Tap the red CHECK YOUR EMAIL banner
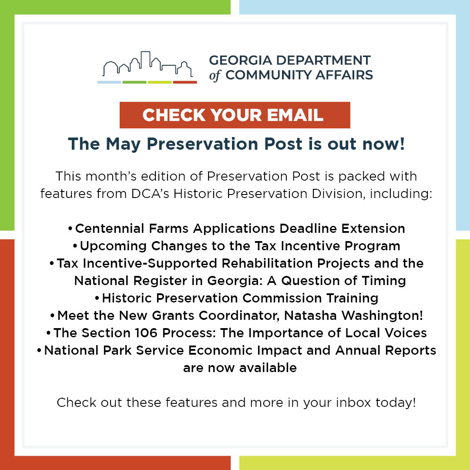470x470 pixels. (x=235, y=115)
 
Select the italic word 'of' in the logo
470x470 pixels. (x=215, y=75)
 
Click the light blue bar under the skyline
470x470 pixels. (x=109, y=82)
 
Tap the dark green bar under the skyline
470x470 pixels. (x=134, y=82)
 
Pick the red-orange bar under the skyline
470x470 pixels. (x=185, y=82)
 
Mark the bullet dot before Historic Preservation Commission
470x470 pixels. (x=97, y=299)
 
